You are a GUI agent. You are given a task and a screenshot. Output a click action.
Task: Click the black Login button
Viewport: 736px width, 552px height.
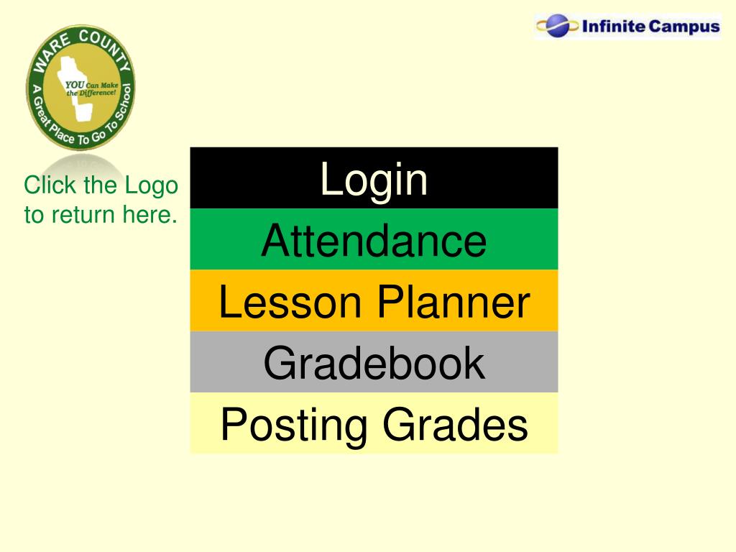[374, 178]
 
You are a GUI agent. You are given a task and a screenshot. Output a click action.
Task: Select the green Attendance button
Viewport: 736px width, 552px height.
[374, 239]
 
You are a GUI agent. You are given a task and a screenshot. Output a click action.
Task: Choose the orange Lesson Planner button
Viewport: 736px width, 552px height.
[374, 300]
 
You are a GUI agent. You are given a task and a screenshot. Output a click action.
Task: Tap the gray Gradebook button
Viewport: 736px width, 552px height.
[374, 362]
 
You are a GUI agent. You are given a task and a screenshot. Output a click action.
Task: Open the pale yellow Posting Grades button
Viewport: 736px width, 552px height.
[374, 423]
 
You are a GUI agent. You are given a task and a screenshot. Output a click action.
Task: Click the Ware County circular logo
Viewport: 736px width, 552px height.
[80, 87]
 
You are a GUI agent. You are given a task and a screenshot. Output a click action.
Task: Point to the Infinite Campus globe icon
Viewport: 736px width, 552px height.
[557, 25]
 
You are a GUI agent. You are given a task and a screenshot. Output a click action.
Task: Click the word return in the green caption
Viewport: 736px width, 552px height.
[83, 215]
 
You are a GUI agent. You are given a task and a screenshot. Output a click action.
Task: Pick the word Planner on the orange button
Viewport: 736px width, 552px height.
[454, 303]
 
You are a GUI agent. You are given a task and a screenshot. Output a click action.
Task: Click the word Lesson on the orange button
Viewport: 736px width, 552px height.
[290, 303]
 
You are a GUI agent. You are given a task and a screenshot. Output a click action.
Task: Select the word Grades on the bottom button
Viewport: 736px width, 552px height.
[455, 424]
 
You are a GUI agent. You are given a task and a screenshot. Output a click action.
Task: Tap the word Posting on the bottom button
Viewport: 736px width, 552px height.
[294, 426]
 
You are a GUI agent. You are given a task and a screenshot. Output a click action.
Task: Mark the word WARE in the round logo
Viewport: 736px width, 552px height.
[51, 52]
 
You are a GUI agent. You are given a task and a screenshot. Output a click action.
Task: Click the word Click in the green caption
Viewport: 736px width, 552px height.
[50, 185]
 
